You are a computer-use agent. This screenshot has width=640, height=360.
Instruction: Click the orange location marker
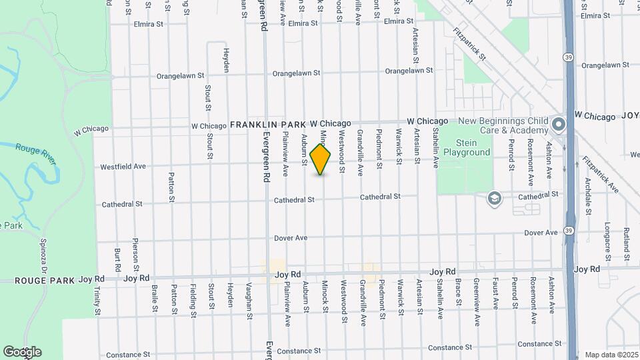321,160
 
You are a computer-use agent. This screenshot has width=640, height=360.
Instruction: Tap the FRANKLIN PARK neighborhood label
268,124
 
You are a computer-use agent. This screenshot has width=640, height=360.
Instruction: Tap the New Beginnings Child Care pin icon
558,125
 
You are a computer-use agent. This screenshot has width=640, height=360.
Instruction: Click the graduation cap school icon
494,197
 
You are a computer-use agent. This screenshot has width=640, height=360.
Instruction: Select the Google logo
22,351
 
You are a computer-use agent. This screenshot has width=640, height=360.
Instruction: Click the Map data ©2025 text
611,355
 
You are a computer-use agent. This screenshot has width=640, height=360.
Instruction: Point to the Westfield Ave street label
123,166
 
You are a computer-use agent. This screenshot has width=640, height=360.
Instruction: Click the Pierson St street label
135,250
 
